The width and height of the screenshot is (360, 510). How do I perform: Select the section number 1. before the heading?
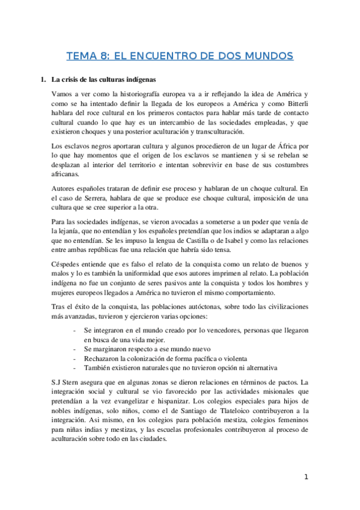[x=43, y=79]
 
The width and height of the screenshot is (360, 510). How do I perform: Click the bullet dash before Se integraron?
[x=74, y=331]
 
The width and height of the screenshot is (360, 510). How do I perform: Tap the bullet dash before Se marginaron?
[x=74, y=349]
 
